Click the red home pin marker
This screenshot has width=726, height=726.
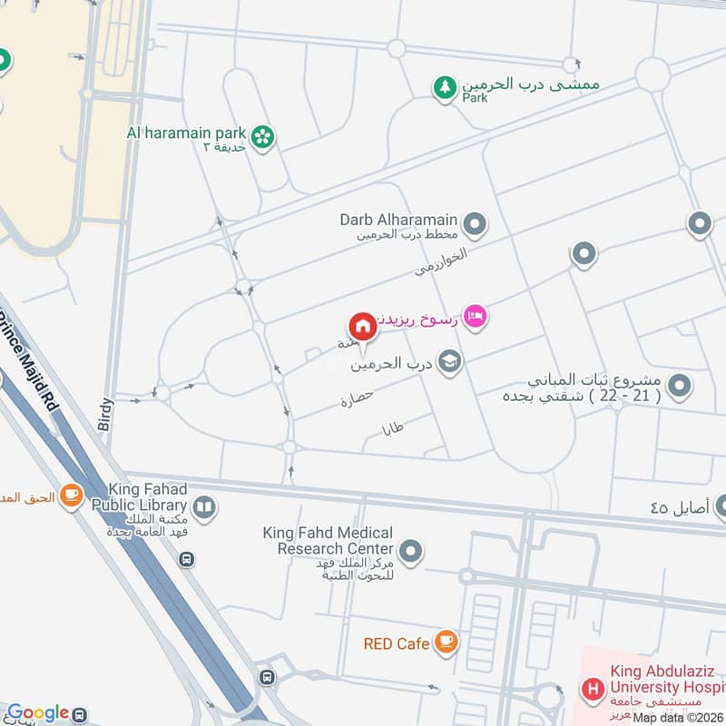[361, 326]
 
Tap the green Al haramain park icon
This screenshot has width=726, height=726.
[263, 137]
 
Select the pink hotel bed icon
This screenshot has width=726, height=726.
[475, 316]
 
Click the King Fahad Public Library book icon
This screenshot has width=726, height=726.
[204, 507]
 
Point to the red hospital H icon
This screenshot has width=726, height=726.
[593, 689]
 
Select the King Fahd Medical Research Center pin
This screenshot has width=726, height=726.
[411, 550]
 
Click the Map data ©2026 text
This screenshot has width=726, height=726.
[676, 716]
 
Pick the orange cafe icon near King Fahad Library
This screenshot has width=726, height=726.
[71, 495]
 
